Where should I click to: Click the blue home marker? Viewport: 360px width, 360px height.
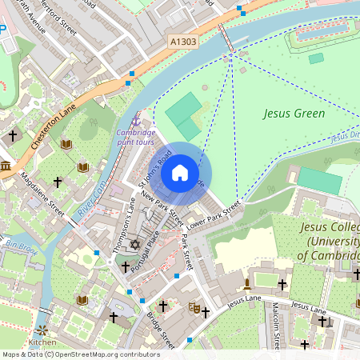(x=180, y=174)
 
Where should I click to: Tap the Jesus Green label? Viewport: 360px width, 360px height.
(x=294, y=114)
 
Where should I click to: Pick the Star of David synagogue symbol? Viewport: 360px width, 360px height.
(x=134, y=243)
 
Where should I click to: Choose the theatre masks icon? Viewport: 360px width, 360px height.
(x=194, y=306)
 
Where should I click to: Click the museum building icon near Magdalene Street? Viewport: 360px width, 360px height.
(x=6, y=166)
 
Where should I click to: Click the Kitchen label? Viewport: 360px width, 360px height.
(x=42, y=342)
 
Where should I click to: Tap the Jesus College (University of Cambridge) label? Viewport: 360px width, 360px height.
(x=328, y=240)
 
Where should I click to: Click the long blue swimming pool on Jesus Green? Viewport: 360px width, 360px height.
(x=325, y=34)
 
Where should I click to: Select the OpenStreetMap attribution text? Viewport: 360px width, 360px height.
(x=80, y=354)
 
